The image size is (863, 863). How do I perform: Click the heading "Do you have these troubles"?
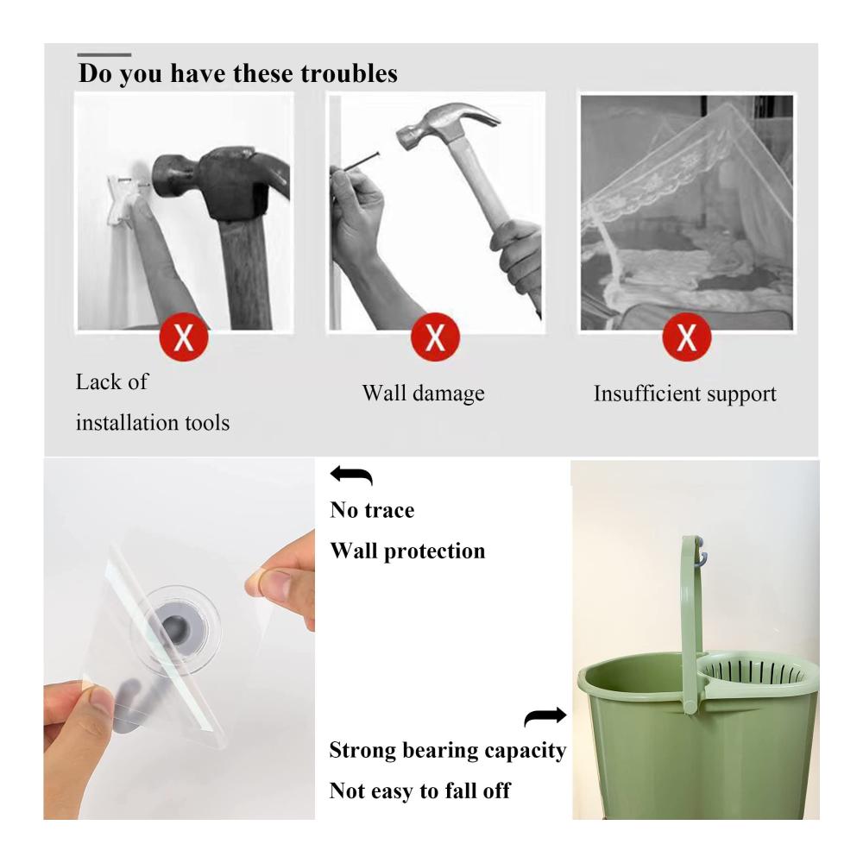click(x=238, y=73)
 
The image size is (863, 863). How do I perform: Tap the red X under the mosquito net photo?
click(x=686, y=337)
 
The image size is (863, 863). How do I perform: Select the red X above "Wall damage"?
click(x=435, y=337)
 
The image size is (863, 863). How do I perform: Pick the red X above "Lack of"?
click(x=184, y=337)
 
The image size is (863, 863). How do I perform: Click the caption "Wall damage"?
click(x=423, y=393)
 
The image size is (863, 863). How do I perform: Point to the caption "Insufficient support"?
click(x=684, y=394)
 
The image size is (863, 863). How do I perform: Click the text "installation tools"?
click(x=153, y=423)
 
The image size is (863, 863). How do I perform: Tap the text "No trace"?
click(x=372, y=510)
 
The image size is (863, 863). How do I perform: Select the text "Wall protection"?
click(x=407, y=551)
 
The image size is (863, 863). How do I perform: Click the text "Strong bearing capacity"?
click(x=447, y=751)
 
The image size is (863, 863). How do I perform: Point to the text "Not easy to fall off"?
click(x=419, y=791)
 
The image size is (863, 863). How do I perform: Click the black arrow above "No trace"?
click(x=352, y=475)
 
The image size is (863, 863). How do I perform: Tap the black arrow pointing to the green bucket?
click(x=545, y=716)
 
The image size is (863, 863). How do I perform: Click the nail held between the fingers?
click(x=355, y=163)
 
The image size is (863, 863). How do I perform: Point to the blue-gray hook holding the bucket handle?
click(x=702, y=555)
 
